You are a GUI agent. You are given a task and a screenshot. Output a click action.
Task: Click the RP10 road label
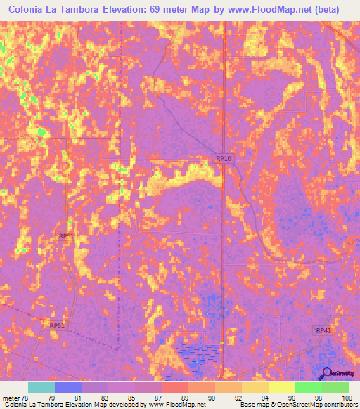(224, 160)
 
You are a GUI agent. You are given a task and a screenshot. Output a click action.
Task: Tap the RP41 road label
(323, 330)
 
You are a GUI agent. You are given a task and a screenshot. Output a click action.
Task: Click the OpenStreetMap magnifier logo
(326, 373)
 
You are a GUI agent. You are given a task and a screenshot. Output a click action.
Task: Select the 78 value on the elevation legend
(25, 397)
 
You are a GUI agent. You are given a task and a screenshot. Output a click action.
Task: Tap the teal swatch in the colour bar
(41, 387)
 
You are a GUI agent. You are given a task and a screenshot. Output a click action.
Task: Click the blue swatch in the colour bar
(68, 387)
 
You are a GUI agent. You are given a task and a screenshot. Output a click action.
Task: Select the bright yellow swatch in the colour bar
(281, 387)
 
